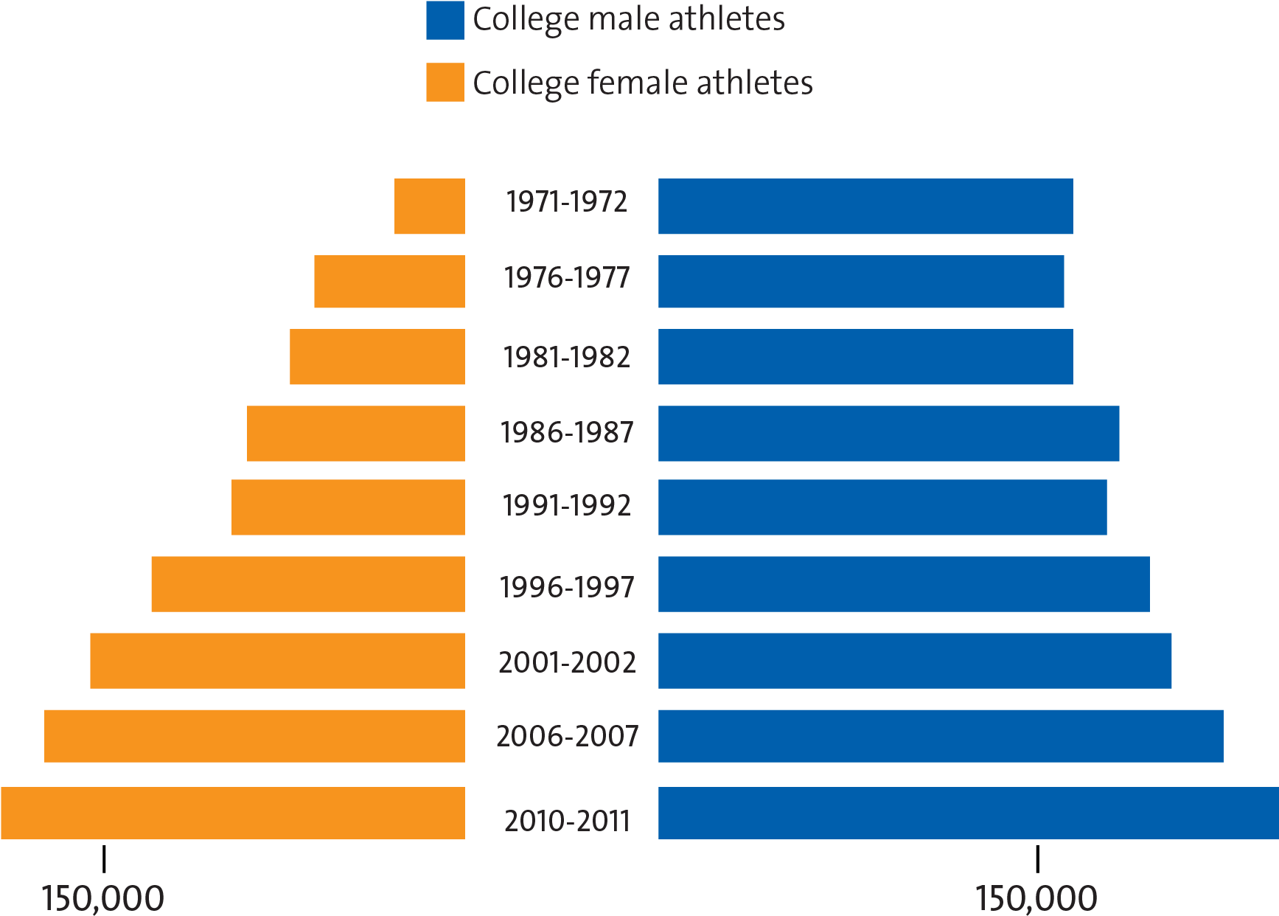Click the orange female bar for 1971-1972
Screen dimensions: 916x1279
pyautogui.click(x=430, y=207)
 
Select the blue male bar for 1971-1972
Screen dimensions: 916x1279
pyautogui.click(x=865, y=207)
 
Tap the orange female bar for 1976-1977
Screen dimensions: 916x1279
pyautogui.click(x=389, y=282)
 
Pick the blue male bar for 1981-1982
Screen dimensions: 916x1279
pyautogui.click(x=865, y=357)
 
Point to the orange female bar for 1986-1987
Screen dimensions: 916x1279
pyautogui.click(x=356, y=434)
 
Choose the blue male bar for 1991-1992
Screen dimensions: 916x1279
pyautogui.click(x=882, y=507)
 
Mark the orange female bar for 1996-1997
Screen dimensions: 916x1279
pyautogui.click(x=308, y=584)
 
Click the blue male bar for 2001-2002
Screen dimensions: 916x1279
pyautogui.click(x=915, y=661)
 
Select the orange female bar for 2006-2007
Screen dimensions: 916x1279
pyautogui.click(x=254, y=736)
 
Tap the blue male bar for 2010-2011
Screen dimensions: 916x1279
pyautogui.click(x=968, y=813)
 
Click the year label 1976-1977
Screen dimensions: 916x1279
pyautogui.click(x=567, y=279)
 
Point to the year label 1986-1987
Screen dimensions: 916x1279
pyautogui.click(x=567, y=432)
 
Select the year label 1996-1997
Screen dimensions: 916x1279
pyautogui.click(x=567, y=588)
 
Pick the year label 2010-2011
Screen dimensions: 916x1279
pyautogui.click(x=567, y=821)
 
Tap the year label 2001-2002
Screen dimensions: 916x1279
pyautogui.click(x=567, y=662)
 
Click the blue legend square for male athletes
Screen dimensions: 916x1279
pyautogui.click(x=445, y=21)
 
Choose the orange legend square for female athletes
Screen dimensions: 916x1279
pyautogui.click(x=445, y=82)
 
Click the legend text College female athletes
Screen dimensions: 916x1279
pyautogui.click(x=642, y=83)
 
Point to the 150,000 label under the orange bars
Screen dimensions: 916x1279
pyautogui.click(x=102, y=899)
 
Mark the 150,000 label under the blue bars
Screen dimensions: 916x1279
pyautogui.click(x=1036, y=899)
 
